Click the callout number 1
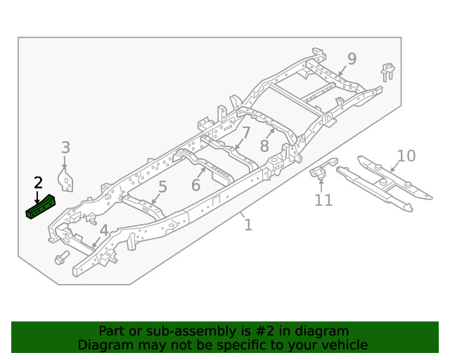click(247, 225)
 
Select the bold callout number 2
click(38, 184)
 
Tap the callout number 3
click(65, 148)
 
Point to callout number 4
click(104, 231)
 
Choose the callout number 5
click(162, 187)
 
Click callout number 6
click(195, 186)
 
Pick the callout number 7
click(246, 134)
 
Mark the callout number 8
click(264, 146)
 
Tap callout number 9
click(352, 59)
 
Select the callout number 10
click(406, 156)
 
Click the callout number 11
click(323, 200)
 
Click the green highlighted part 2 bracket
click(42, 208)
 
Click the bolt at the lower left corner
click(61, 258)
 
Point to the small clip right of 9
click(387, 72)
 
